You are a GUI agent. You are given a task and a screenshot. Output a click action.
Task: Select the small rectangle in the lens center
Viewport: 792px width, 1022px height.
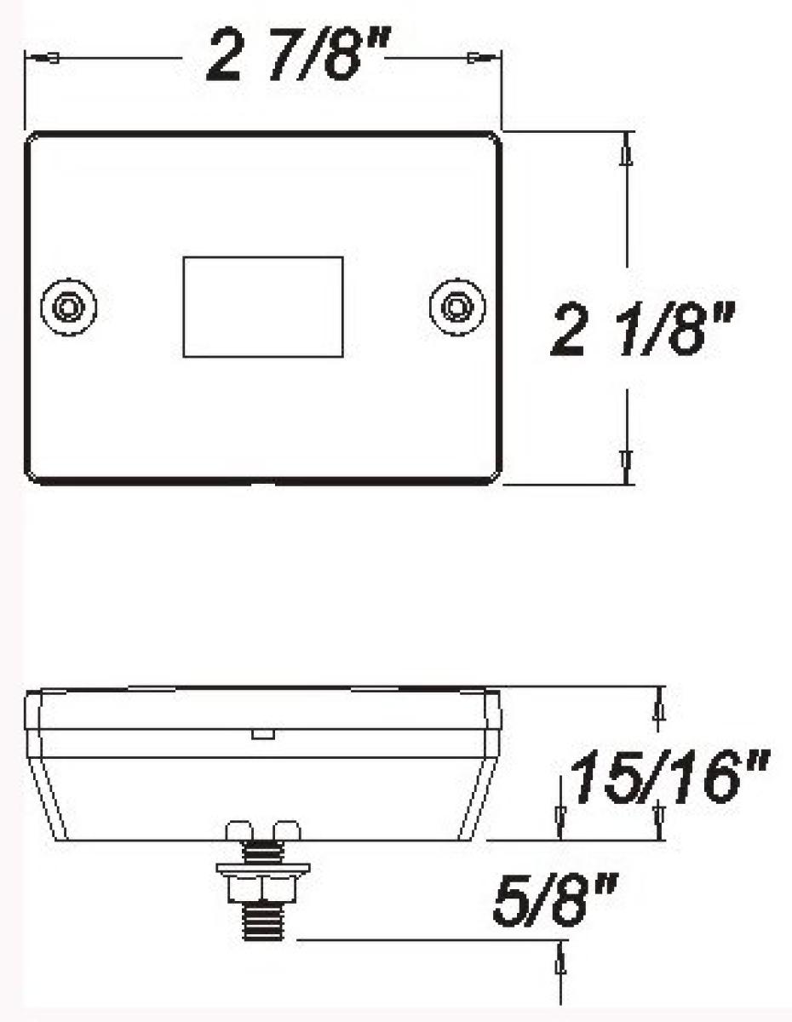pyautogui.click(x=263, y=307)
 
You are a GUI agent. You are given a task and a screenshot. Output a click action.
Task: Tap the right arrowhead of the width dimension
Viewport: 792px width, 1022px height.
pyautogui.click(x=475, y=58)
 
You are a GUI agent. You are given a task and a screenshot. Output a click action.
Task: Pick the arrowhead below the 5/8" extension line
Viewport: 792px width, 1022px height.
pyautogui.click(x=561, y=963)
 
